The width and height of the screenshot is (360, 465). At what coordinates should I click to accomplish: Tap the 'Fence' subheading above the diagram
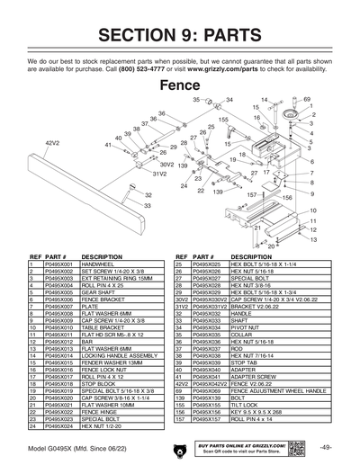click(180, 86)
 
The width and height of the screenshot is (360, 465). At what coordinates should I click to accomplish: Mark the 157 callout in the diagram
click(252, 194)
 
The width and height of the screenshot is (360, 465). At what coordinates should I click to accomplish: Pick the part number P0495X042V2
click(209, 384)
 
